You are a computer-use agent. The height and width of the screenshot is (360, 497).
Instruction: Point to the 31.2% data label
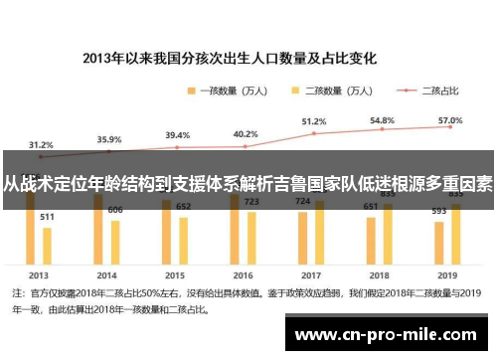pos(41,144)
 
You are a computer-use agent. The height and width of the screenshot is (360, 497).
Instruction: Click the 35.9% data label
pos(109,139)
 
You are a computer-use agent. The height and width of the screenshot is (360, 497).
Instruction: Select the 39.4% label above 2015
pos(177,135)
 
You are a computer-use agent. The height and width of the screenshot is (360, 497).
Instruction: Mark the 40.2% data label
pos(245,134)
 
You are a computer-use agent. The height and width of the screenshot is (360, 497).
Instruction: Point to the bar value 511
pos(47,216)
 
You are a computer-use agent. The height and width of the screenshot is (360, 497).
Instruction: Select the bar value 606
pos(115,209)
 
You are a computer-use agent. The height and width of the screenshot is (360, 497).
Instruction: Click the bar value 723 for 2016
pos(250,202)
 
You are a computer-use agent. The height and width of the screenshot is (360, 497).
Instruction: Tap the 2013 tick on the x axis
pos(39,273)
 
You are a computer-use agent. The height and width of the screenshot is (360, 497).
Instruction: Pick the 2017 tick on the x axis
pos(311,273)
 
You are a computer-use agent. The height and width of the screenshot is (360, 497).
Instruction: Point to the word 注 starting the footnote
pos(16,294)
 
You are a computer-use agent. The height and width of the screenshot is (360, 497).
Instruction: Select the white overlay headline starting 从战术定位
pos(248,184)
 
